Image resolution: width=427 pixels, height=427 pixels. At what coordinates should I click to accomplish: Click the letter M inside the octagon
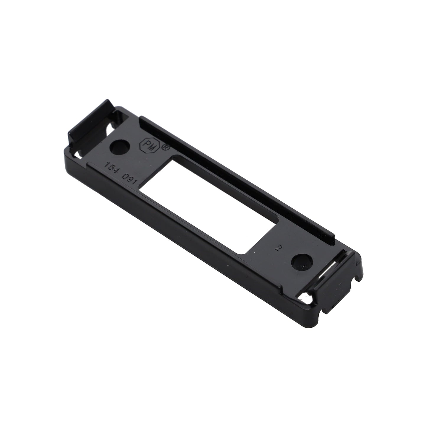pyautogui.click(x=152, y=147)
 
